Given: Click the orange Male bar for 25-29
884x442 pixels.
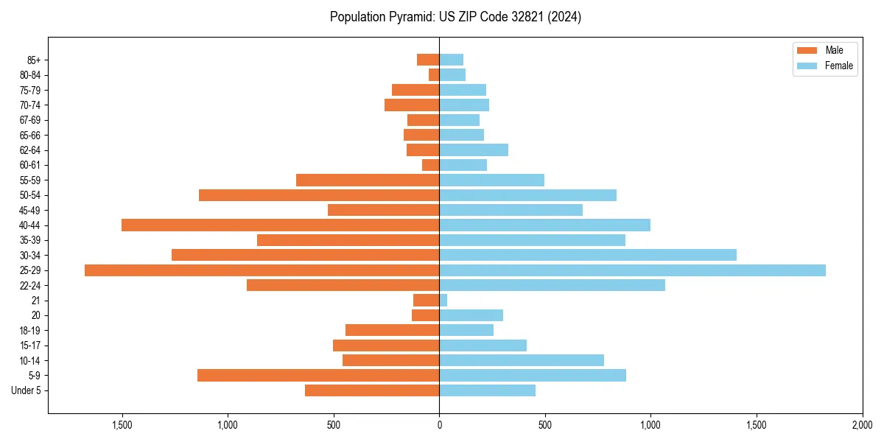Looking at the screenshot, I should [x=262, y=270].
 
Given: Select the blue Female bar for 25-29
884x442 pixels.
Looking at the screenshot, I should [x=632, y=270].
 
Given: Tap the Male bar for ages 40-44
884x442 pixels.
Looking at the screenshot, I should [x=280, y=225].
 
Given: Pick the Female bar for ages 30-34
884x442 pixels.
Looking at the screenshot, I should [x=588, y=255].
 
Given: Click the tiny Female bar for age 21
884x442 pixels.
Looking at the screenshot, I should [x=443, y=301].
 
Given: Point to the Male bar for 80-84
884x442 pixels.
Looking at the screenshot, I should [x=434, y=75].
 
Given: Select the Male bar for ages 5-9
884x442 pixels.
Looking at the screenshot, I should [x=318, y=376].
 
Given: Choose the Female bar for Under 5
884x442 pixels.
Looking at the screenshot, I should [x=487, y=390].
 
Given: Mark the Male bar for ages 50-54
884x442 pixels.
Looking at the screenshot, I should [x=319, y=195].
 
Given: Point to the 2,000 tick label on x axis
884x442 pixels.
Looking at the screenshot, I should [x=862, y=425].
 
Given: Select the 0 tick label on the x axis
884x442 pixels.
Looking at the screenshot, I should [x=439, y=425].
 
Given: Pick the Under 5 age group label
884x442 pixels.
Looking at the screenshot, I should [x=27, y=390].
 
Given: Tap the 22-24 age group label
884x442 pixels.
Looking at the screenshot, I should [x=30, y=286].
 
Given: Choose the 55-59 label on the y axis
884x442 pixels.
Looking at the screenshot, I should [x=30, y=180].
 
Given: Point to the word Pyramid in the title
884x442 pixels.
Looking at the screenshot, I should [x=402, y=17].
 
